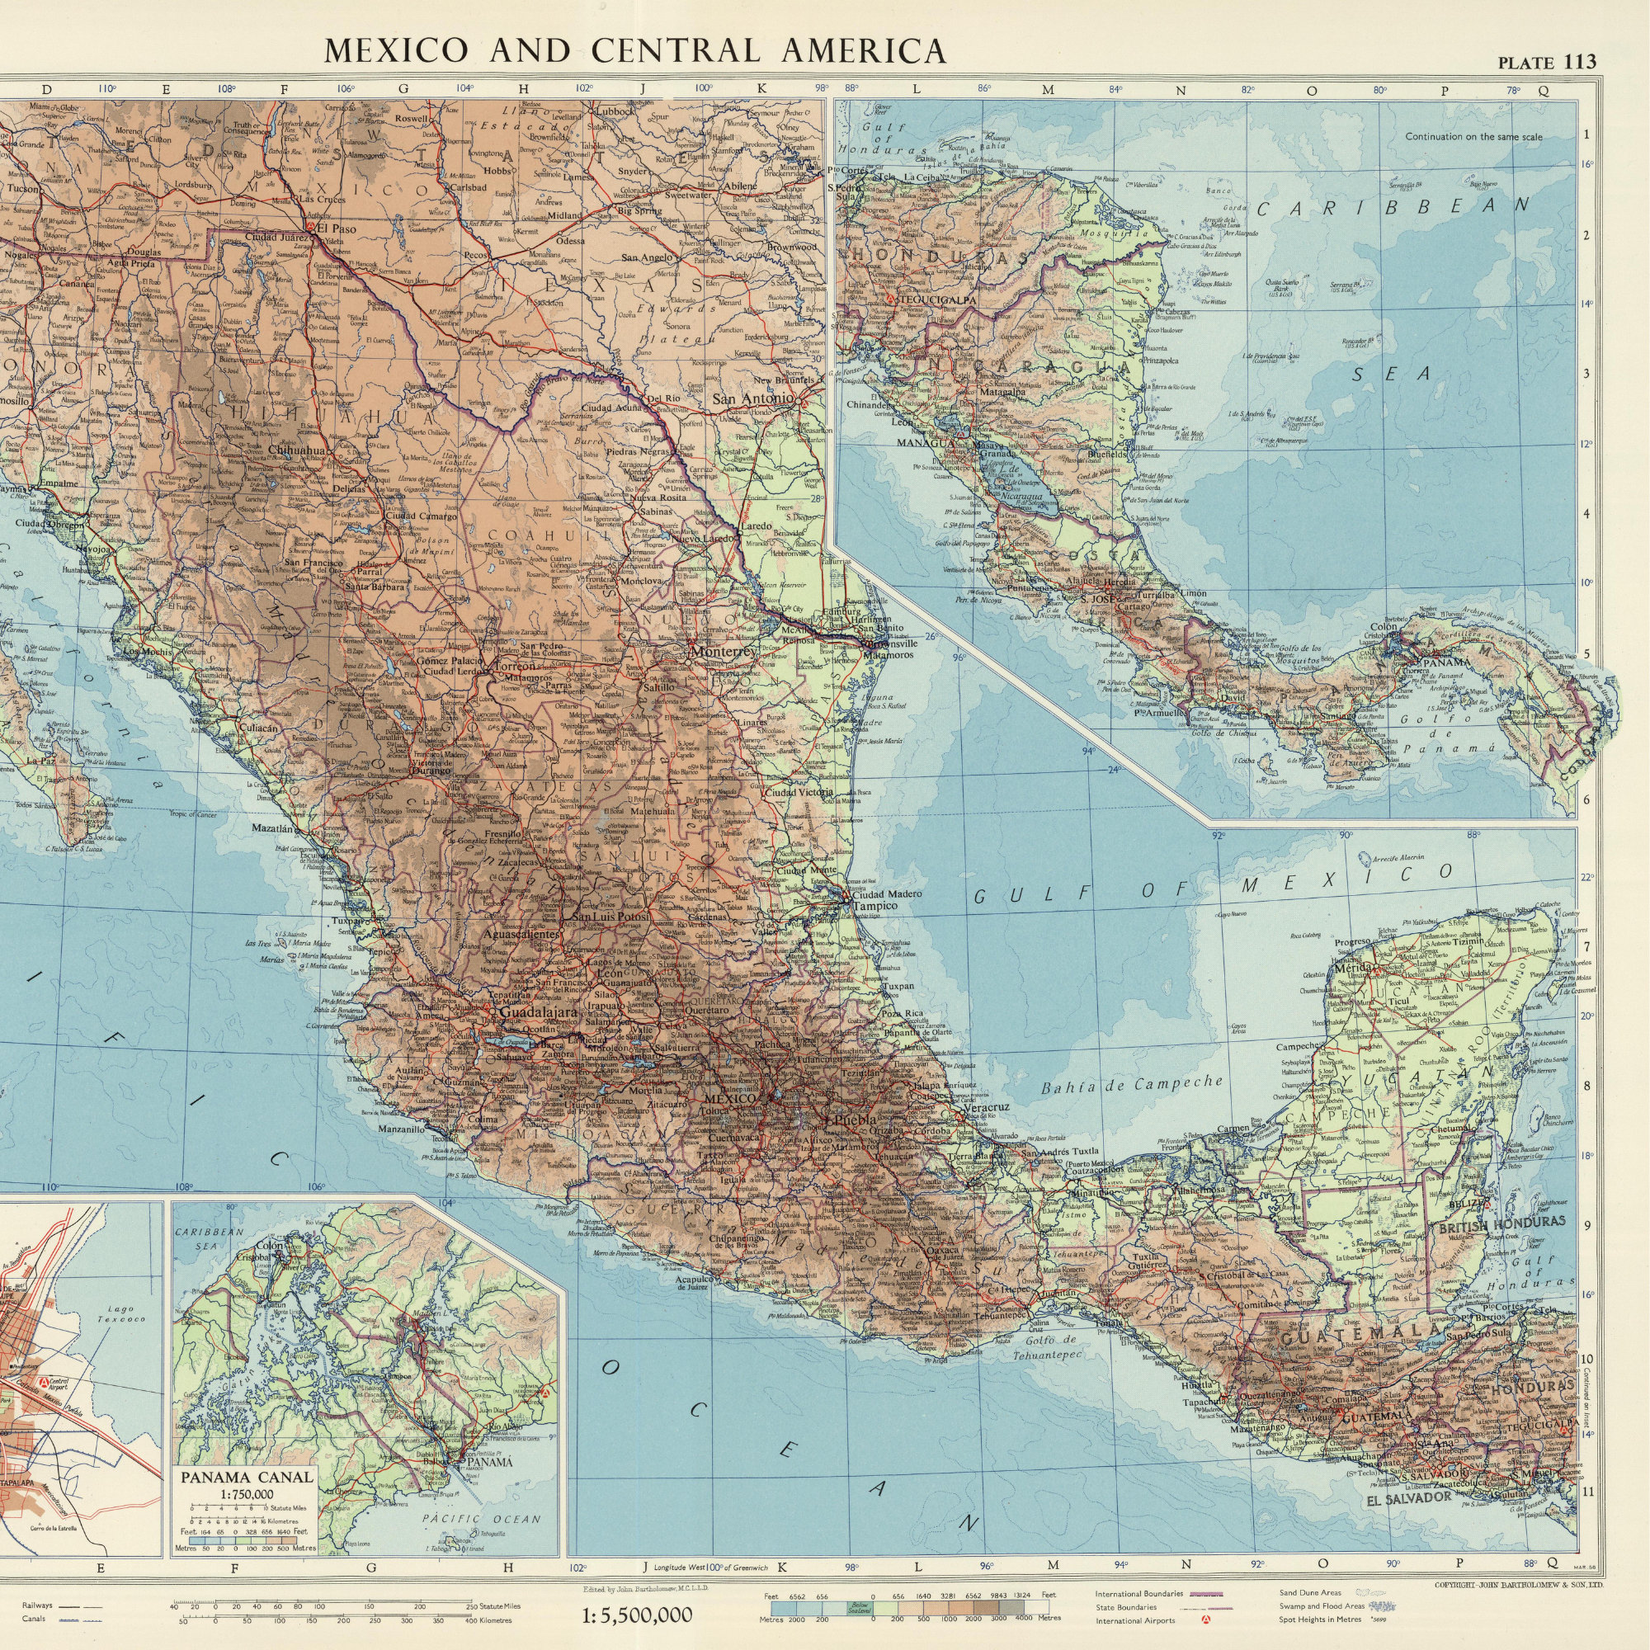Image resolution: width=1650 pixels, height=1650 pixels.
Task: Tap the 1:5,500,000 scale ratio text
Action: coord(636,1615)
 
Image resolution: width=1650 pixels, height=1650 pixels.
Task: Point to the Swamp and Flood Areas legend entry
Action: coord(1316,1605)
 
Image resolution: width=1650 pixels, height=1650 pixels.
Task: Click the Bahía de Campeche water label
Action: coord(1132,1086)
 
